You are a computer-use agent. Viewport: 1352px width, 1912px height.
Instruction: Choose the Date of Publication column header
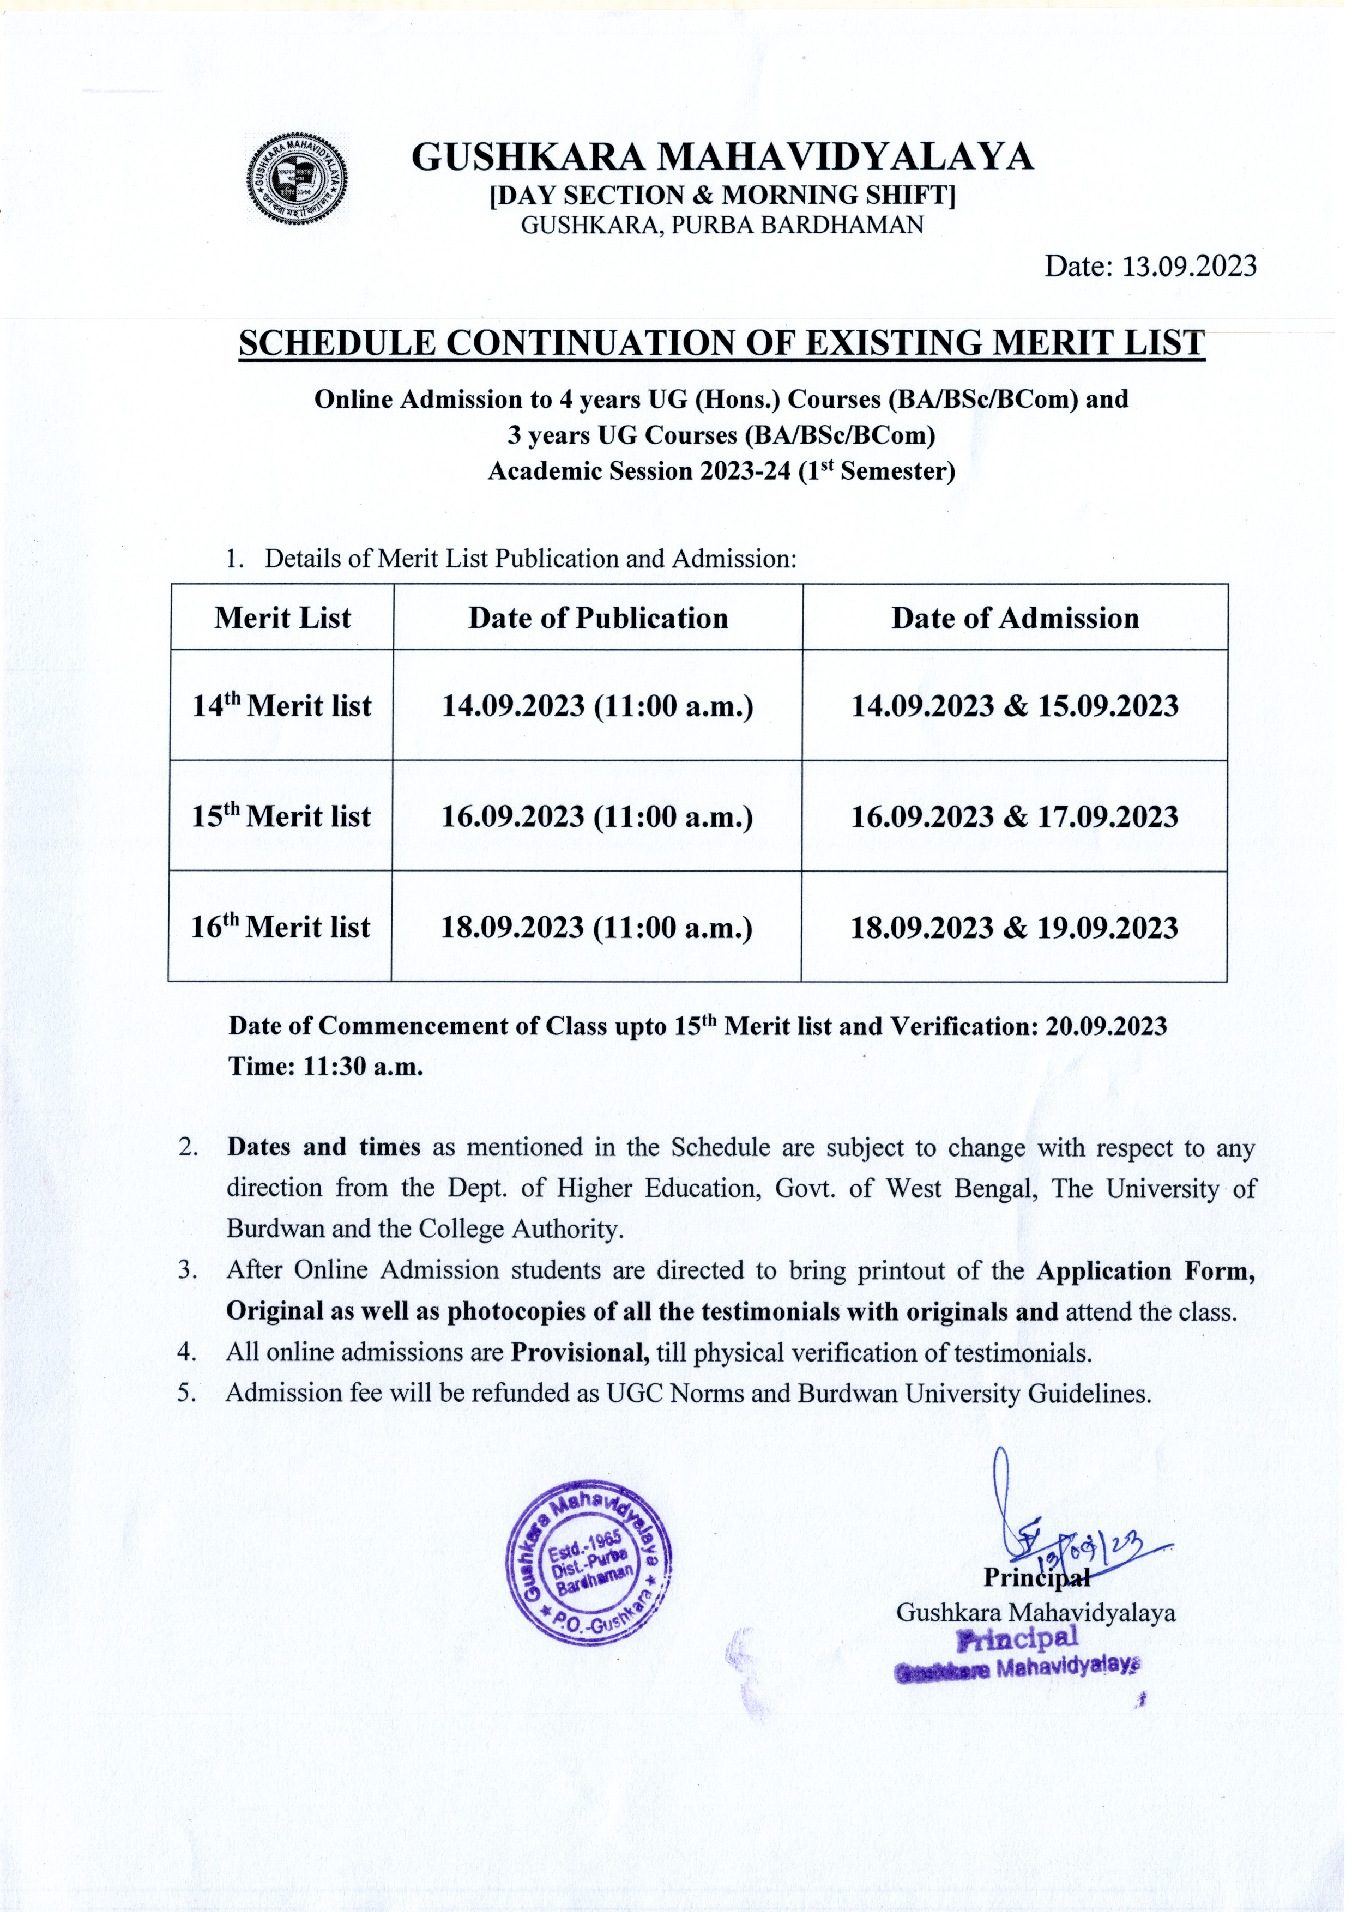598,618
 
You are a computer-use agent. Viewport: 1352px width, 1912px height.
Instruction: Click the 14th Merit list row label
281,706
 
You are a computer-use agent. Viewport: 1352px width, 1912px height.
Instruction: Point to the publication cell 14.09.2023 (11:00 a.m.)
597,706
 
